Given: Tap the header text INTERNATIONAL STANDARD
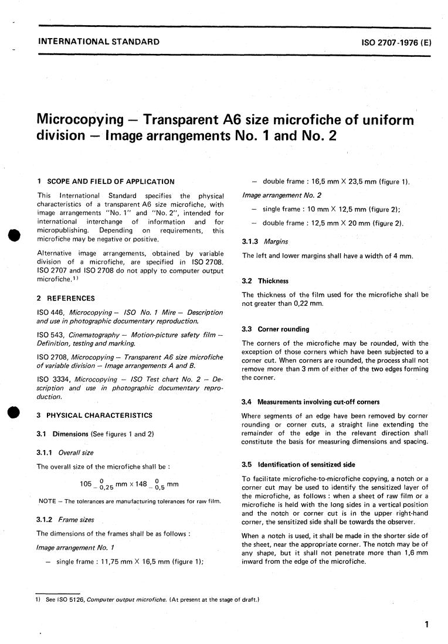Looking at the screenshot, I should point(98,42).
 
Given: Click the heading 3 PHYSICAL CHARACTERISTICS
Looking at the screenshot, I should point(94,415).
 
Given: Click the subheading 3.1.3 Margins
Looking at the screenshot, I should point(262,241).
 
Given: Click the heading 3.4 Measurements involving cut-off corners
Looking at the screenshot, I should point(311,402).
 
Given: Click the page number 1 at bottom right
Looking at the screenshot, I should point(426,625).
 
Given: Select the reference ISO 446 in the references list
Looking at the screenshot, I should point(47,312).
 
